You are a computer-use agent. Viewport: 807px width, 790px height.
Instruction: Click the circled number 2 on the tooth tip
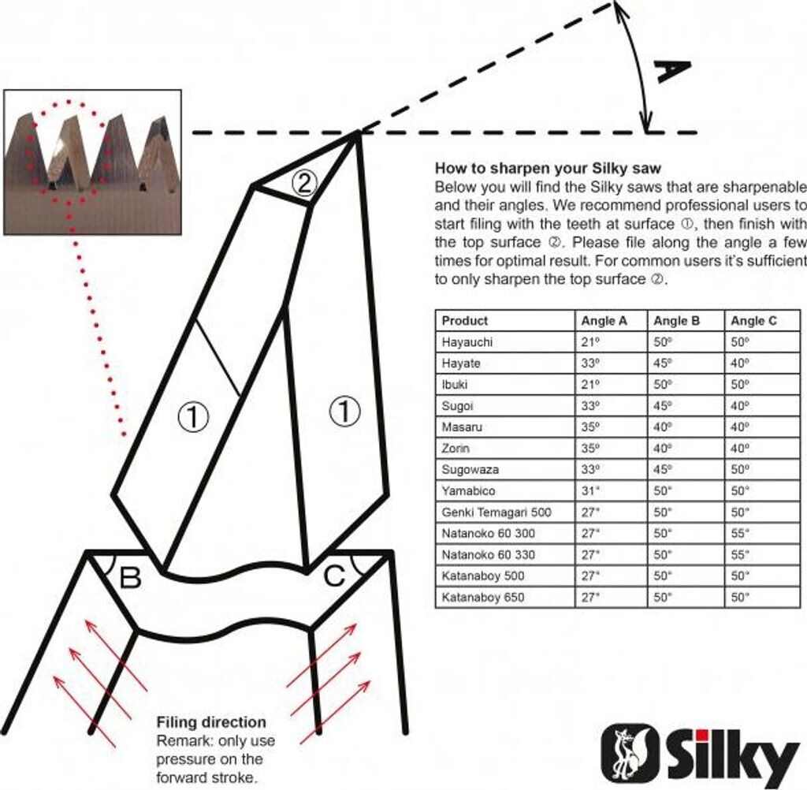click(x=304, y=183)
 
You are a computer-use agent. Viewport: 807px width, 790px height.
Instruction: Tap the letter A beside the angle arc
click(x=671, y=71)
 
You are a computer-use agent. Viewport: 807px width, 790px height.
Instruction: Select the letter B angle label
click(x=130, y=577)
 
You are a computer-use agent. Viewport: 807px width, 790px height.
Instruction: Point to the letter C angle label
click(x=334, y=576)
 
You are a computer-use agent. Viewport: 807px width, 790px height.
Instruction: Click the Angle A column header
click(x=604, y=321)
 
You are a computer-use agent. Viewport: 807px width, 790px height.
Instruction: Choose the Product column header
click(x=464, y=321)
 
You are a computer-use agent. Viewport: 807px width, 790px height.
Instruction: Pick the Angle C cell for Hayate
click(x=739, y=363)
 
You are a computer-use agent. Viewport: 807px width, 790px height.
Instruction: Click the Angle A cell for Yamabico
click(x=589, y=490)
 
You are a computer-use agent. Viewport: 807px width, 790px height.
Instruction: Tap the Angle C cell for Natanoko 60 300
click(x=739, y=534)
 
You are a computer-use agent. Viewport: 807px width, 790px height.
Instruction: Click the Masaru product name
click(x=462, y=427)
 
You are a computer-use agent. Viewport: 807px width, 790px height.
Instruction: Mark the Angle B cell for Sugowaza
click(x=663, y=470)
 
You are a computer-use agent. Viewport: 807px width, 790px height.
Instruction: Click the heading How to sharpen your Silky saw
click(x=548, y=169)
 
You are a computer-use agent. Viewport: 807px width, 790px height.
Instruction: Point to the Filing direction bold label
click(x=211, y=722)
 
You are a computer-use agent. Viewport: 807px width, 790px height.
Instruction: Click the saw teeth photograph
click(x=93, y=162)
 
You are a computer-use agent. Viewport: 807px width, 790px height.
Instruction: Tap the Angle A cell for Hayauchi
click(x=589, y=342)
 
